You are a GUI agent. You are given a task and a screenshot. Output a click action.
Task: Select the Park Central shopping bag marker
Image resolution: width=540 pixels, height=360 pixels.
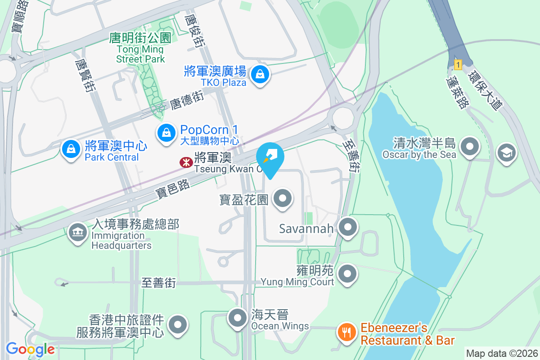[71, 149]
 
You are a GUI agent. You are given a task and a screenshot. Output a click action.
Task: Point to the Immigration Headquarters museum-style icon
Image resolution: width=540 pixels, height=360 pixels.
[78, 233]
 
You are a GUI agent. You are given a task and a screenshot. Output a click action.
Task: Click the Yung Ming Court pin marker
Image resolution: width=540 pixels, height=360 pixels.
[347, 273]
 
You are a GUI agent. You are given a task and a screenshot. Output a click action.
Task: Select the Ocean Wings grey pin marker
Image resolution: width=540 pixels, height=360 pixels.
[237, 318]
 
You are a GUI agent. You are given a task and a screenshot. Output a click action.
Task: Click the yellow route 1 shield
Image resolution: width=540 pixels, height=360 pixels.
[458, 65]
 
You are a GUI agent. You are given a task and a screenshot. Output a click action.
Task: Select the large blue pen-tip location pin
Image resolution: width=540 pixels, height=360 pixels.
[270, 157]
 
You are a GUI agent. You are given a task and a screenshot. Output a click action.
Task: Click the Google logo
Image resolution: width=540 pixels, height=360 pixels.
[30, 349]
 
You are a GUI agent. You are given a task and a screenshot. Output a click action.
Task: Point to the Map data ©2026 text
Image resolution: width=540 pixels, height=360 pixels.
[501, 353]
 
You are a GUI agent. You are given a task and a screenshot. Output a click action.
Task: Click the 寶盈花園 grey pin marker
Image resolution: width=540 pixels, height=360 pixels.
[283, 199]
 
